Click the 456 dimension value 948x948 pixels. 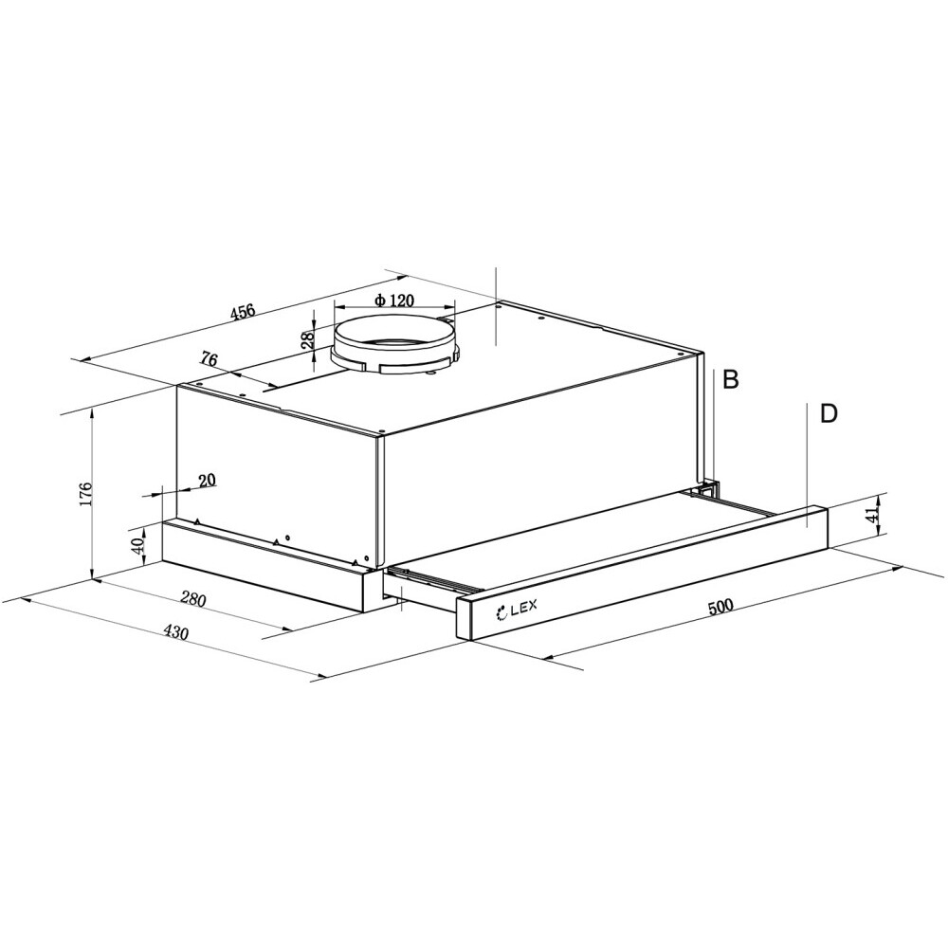[243, 313]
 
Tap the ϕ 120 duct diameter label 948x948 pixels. [393, 301]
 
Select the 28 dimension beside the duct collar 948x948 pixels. [308, 339]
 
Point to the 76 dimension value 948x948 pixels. [209, 359]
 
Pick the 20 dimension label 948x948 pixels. [207, 481]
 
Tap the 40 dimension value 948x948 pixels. [137, 547]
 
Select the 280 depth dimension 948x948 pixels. [193, 600]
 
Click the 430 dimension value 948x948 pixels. [176, 631]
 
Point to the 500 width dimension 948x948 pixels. [720, 607]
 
